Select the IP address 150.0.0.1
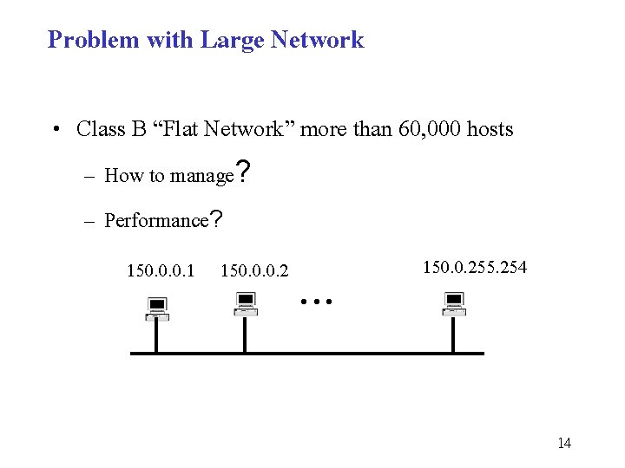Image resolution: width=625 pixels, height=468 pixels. point(161,271)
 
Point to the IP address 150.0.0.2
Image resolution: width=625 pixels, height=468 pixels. point(254,271)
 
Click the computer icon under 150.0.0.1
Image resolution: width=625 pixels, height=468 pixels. point(156,309)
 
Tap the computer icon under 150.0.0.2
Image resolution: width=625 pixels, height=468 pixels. point(246,304)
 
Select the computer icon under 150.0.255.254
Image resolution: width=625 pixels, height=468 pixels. point(453,304)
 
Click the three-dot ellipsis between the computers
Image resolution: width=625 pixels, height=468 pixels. point(317,302)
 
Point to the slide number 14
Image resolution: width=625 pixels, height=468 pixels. point(564,444)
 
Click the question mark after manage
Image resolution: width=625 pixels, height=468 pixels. point(244,172)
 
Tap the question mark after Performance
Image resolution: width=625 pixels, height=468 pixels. point(217,218)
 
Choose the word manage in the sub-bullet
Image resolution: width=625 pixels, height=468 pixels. point(202,176)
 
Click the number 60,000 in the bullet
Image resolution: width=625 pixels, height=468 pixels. point(431,130)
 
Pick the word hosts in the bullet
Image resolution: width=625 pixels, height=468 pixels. point(490,130)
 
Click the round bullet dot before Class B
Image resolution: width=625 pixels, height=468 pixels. point(55,130)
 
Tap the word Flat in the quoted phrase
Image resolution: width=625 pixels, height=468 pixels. point(184,130)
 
